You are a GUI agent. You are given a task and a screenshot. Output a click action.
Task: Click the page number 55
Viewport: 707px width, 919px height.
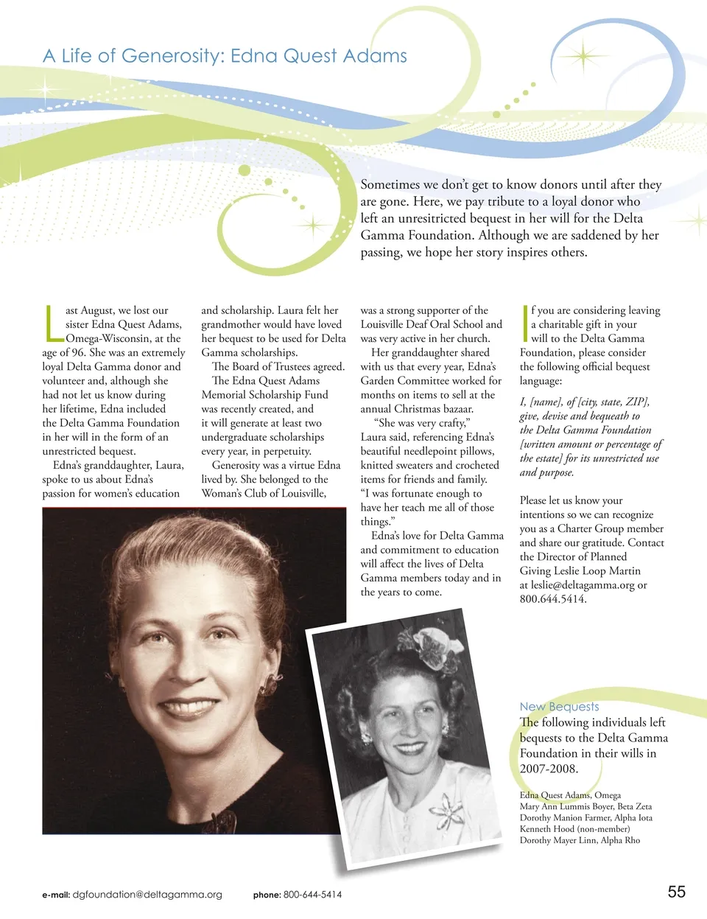tap(676, 892)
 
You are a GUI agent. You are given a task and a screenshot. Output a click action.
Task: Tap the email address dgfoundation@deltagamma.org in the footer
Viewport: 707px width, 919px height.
tap(147, 895)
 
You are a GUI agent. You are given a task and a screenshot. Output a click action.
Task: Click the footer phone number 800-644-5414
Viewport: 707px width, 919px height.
tap(312, 895)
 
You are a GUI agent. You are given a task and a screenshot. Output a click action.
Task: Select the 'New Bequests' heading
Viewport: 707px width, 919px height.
tap(559, 706)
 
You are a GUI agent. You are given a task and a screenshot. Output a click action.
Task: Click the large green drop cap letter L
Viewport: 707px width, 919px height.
tap(52, 324)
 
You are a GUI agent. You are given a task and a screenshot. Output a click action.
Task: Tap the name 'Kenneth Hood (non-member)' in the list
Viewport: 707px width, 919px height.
tap(574, 828)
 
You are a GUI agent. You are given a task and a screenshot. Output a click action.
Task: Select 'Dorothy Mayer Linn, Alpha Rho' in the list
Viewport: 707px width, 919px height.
tap(580, 839)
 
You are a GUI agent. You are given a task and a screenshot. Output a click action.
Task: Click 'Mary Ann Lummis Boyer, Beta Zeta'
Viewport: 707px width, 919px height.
tap(585, 806)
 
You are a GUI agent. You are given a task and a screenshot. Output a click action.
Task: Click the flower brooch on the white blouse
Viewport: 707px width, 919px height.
tap(446, 811)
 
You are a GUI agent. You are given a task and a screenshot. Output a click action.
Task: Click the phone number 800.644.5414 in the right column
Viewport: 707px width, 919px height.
tap(552, 598)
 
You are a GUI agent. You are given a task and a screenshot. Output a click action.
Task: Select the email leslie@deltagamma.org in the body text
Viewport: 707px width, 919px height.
tap(583, 584)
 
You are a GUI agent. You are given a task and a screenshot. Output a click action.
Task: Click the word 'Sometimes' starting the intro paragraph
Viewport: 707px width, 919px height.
tap(390, 184)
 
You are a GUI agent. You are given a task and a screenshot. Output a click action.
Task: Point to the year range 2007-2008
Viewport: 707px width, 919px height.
tap(549, 769)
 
